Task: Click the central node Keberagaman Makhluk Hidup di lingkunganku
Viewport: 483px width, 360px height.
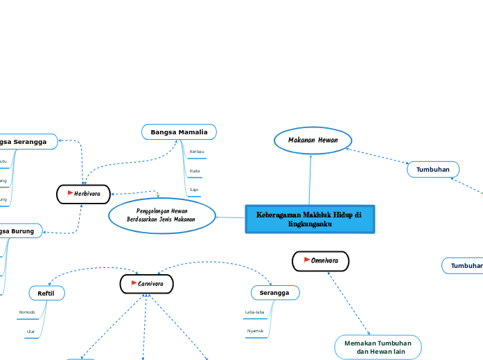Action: click(x=310, y=219)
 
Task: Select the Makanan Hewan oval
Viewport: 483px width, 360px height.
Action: click(x=313, y=140)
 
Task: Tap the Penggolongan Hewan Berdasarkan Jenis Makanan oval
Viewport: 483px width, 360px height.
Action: click(x=161, y=215)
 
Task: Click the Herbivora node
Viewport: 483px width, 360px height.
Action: click(x=84, y=194)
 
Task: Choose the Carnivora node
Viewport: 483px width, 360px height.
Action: click(x=146, y=284)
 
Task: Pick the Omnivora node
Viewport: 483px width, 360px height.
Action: click(x=320, y=261)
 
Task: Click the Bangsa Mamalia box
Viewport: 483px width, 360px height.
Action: click(x=179, y=132)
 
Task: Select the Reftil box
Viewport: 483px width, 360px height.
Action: click(x=46, y=294)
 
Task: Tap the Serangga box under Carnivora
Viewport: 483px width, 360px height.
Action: click(x=275, y=294)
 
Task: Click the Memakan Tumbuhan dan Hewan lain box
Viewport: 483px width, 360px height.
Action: click(x=378, y=348)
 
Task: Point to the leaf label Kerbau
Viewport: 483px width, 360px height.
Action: click(x=196, y=151)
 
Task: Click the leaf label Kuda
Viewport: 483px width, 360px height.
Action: click(x=195, y=170)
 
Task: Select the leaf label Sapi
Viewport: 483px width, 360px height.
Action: click(x=194, y=189)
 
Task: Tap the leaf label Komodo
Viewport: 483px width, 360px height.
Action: click(x=27, y=312)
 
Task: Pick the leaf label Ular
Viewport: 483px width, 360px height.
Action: click(x=30, y=332)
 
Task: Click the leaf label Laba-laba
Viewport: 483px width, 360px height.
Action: click(x=254, y=312)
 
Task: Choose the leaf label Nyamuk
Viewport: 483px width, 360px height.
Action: click(x=255, y=332)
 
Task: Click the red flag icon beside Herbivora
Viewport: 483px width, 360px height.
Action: click(x=70, y=194)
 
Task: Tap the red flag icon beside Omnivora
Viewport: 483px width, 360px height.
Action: click(x=307, y=261)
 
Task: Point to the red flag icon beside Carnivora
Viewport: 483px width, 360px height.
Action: click(x=133, y=284)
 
